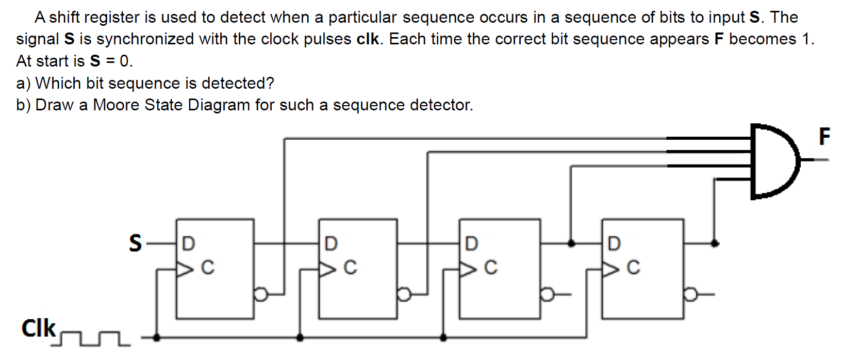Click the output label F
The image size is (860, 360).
point(824,137)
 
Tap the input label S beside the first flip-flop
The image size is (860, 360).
point(135,243)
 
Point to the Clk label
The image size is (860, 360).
point(38,328)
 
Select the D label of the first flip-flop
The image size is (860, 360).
point(189,243)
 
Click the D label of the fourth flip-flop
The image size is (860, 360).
point(614,243)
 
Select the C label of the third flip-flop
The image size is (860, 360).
point(491,267)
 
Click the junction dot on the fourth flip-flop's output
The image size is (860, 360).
point(715,243)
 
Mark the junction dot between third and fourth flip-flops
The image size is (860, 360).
point(571,243)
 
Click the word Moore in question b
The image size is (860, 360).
point(117,105)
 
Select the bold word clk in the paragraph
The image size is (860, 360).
point(368,39)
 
